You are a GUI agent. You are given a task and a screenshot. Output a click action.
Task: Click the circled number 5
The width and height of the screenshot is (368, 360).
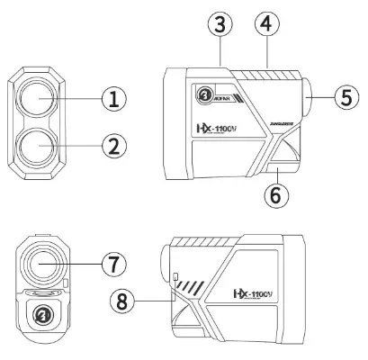click(341, 96)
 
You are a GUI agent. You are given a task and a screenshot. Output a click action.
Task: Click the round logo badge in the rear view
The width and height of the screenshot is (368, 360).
click(41, 316)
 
